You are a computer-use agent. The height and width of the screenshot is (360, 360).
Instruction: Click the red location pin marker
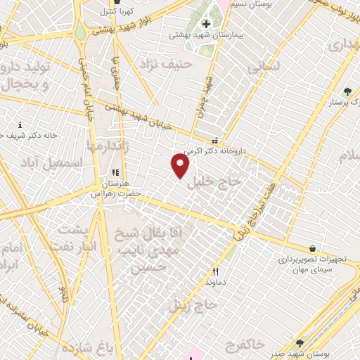[x=181, y=165]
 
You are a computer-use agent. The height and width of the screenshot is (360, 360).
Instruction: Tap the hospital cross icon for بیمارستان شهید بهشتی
[x=205, y=25]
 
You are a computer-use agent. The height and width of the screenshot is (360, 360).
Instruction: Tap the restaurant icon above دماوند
[x=216, y=271]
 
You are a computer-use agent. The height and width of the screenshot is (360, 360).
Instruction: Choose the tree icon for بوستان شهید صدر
[x=300, y=343]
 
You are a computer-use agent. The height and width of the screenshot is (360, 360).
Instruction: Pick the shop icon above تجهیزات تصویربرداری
[x=313, y=248]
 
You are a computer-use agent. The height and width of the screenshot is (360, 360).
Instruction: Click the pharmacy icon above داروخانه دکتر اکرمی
[x=214, y=140]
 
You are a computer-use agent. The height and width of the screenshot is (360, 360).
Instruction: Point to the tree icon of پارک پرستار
[x=347, y=91]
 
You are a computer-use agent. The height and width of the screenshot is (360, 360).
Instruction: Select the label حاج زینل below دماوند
[x=193, y=305]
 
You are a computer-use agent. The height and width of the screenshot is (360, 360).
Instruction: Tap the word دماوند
[x=216, y=282]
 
